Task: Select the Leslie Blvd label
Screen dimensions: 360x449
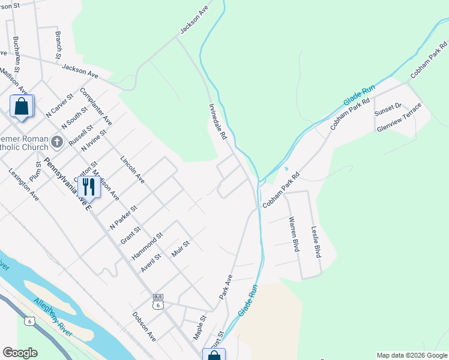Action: click(x=315, y=242)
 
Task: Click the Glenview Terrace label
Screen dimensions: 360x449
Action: click(x=399, y=118)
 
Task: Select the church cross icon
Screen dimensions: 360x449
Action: click(x=57, y=142)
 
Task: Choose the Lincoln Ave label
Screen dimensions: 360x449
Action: click(x=132, y=170)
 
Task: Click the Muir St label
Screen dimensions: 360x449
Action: click(x=180, y=249)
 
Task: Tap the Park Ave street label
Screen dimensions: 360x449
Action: click(x=225, y=289)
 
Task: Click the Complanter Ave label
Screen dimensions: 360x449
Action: click(x=95, y=108)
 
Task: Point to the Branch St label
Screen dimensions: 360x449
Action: click(x=58, y=45)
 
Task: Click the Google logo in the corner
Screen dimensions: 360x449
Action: click(x=20, y=353)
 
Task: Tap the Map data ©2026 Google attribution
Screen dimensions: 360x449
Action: click(x=412, y=355)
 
